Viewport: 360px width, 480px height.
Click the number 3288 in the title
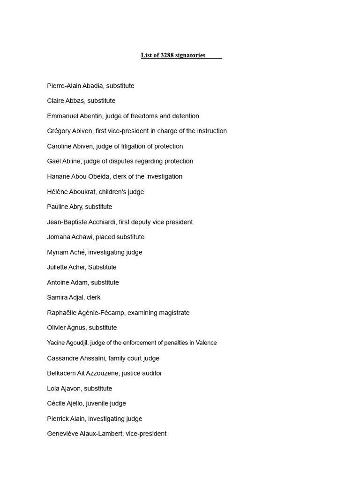pyautogui.click(x=167, y=55)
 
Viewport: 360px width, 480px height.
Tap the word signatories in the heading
pyautogui.click(x=190, y=55)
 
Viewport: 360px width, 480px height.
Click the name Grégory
pyautogui.click(x=59, y=131)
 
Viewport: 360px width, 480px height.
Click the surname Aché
pyautogui.click(x=78, y=252)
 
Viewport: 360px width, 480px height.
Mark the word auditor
pyautogui.click(x=150, y=373)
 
